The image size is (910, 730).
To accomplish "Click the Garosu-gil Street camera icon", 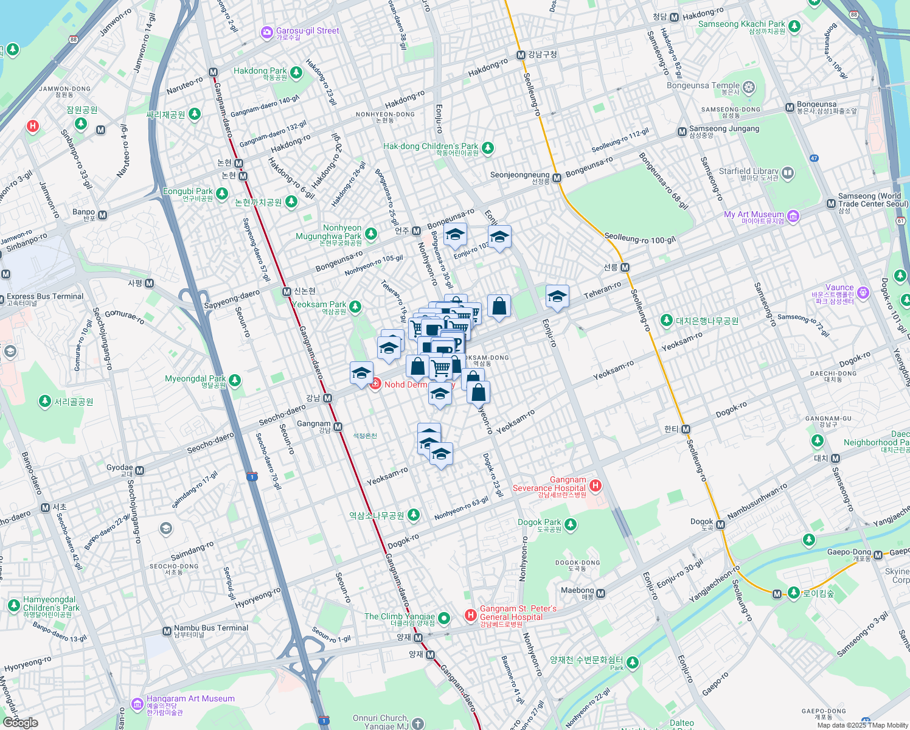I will (266, 33).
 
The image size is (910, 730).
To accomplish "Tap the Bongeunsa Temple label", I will (703, 86).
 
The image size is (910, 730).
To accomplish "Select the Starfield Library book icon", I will (788, 173).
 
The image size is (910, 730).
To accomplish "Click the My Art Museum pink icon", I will (793, 216).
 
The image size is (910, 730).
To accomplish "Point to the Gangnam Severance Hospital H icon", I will (596, 485).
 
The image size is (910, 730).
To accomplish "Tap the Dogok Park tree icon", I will (570, 524).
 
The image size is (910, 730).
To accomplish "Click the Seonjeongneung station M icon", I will (557, 178).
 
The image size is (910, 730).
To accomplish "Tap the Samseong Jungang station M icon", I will (682, 131).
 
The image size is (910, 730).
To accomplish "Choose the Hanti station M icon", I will (686, 429).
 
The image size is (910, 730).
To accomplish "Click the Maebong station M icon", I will (600, 593).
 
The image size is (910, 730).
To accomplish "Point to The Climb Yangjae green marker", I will (444, 618).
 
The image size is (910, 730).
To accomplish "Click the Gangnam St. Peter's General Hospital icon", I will (470, 616).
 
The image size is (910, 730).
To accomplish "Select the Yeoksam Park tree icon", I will (355, 307).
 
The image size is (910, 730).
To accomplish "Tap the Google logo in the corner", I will (21, 722).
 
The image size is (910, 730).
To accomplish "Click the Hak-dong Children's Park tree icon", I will (487, 148).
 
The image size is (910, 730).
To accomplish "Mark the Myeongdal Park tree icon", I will (235, 381).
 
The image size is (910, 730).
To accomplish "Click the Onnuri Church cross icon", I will (417, 723).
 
